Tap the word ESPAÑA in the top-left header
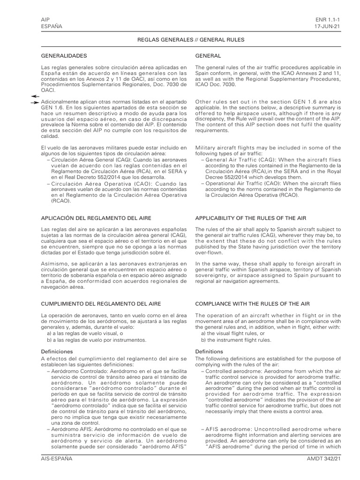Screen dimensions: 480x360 [52, 27]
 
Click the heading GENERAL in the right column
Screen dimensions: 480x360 [208, 56]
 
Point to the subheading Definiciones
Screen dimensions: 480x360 [57, 351]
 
